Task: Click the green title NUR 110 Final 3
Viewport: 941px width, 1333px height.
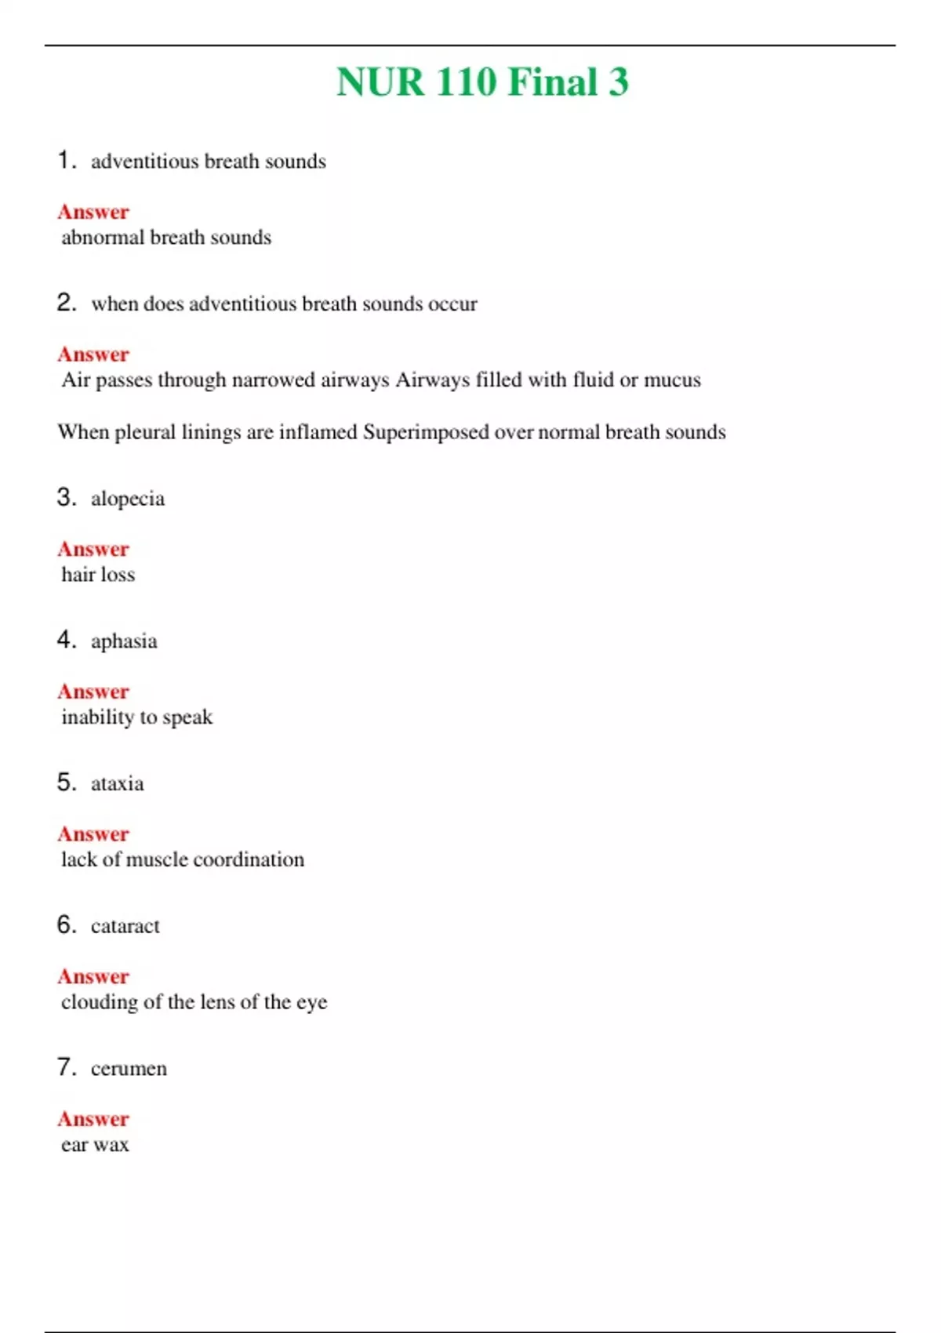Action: pyautogui.click(x=482, y=82)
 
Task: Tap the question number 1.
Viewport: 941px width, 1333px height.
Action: pyautogui.click(x=66, y=160)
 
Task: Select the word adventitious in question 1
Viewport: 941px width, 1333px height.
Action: pyautogui.click(x=145, y=162)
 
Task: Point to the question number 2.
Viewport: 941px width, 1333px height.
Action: pyautogui.click(x=66, y=303)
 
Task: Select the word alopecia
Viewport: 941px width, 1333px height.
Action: pyautogui.click(x=128, y=499)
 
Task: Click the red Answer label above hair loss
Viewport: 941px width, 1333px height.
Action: pyautogui.click(x=93, y=549)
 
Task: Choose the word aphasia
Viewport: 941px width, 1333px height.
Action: pyautogui.click(x=124, y=642)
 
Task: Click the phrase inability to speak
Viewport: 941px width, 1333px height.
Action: pyautogui.click(x=137, y=717)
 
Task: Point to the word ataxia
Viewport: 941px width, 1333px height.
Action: pyautogui.click(x=118, y=784)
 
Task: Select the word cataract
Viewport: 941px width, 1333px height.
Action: pyautogui.click(x=125, y=927)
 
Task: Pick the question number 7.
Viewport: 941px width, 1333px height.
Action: pyautogui.click(x=66, y=1067)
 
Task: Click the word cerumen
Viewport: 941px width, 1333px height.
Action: pyautogui.click(x=129, y=1069)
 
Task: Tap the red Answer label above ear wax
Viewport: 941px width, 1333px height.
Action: pyautogui.click(x=93, y=1119)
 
